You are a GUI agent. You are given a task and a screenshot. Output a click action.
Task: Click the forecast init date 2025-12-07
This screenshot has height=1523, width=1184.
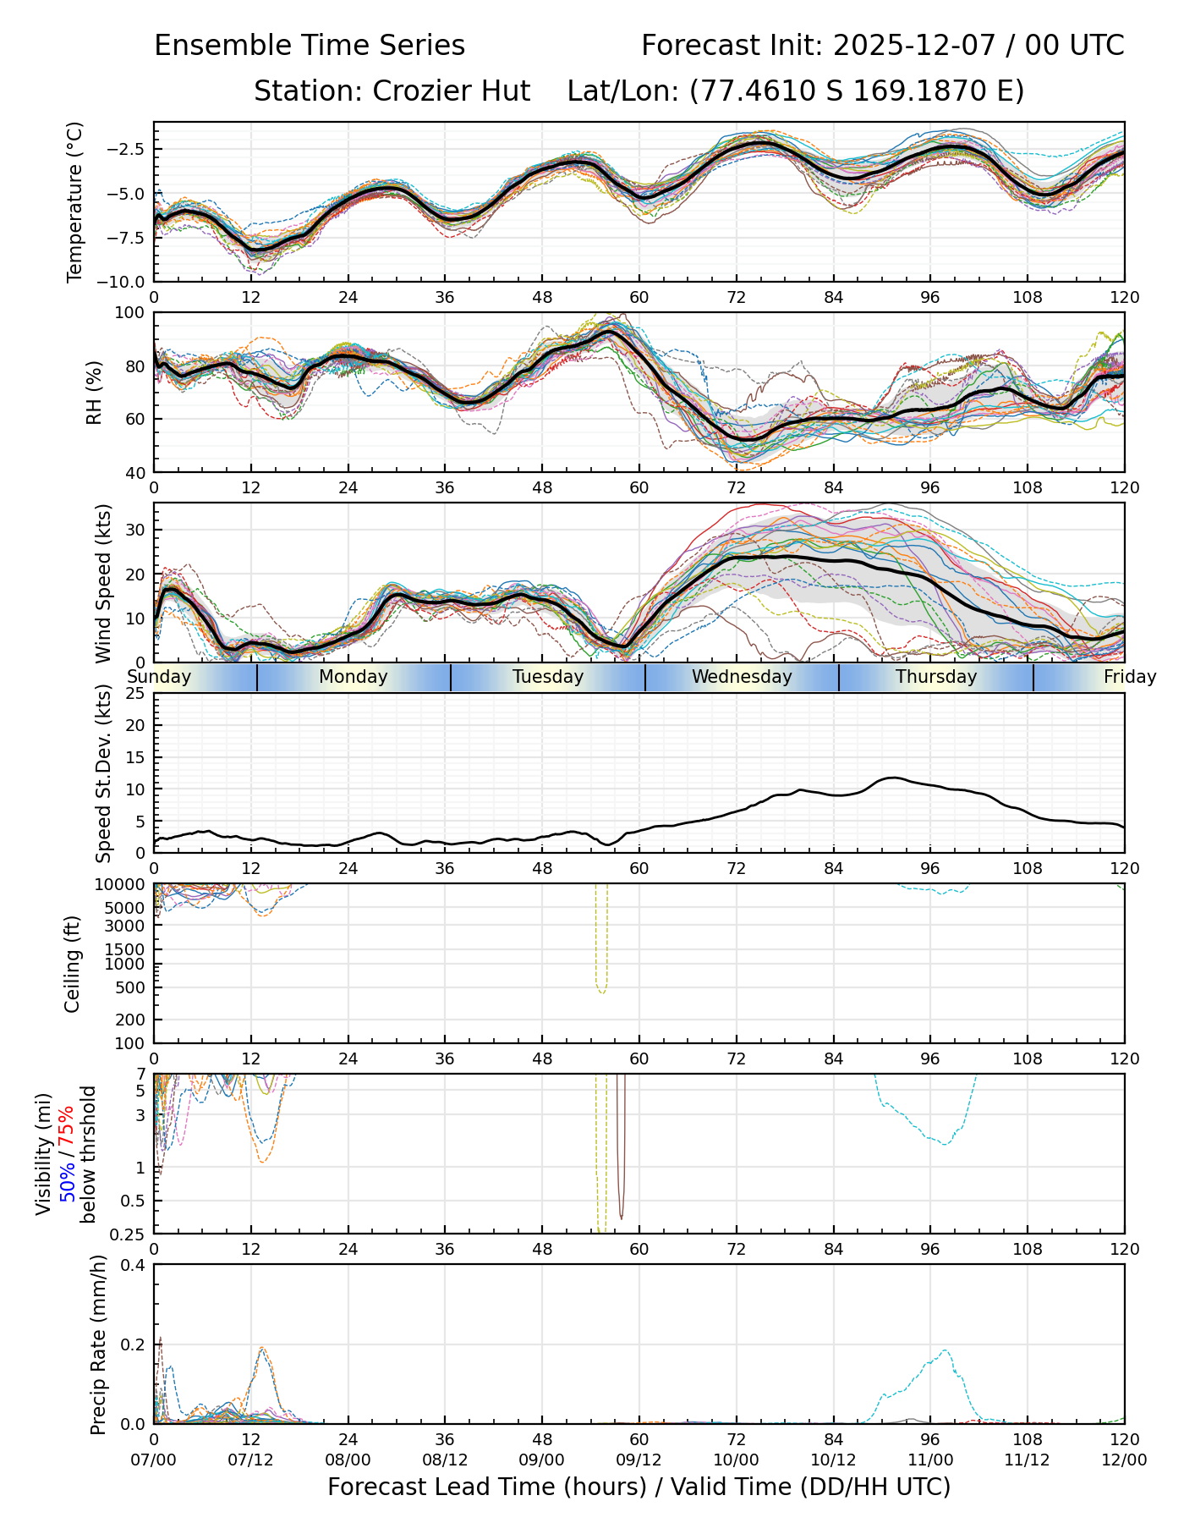912,45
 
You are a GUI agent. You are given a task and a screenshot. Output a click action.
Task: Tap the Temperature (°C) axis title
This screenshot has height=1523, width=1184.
75,201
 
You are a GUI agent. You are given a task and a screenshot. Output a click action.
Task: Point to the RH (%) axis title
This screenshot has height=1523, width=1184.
94,392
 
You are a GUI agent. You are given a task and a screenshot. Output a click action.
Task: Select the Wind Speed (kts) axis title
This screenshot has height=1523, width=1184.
103,583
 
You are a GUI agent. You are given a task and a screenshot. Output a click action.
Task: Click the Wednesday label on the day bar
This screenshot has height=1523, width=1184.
742,677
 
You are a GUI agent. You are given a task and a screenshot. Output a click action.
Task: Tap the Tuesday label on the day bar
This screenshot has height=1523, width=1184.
548,677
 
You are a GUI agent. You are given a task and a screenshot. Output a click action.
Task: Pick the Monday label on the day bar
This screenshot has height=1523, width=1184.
354,677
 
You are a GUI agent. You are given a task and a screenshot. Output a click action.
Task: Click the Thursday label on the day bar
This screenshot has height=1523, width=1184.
936,677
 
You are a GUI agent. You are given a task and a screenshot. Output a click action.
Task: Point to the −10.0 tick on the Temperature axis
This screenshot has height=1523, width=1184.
123,282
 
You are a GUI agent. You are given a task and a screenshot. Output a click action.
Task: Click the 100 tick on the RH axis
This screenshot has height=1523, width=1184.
131,313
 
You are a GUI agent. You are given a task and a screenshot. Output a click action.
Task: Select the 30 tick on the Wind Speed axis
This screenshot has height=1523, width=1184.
135,531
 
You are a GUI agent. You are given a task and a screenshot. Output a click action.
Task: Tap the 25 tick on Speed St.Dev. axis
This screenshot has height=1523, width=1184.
135,694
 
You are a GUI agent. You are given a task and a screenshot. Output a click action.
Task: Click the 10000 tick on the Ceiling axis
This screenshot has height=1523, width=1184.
123,885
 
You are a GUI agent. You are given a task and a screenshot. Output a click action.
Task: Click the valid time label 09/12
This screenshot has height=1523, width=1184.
639,1460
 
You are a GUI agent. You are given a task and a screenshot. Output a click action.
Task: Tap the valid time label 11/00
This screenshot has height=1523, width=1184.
930,1460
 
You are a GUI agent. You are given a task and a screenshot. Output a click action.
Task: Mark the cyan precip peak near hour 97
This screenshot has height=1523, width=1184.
945,1351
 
